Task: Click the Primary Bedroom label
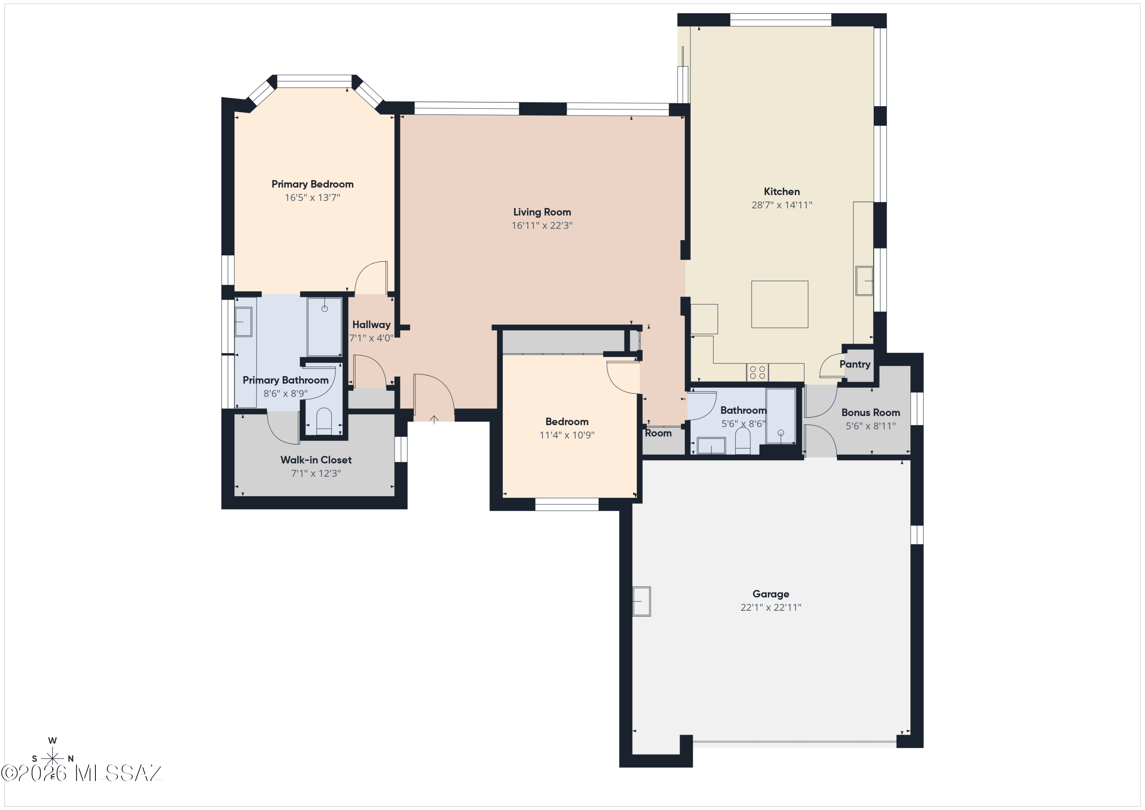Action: tap(312, 184)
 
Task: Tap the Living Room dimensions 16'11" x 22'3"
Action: tap(542, 226)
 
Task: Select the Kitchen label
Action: tap(781, 192)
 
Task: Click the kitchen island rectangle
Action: tap(779, 304)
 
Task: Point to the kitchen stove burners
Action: tap(757, 372)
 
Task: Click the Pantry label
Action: tap(855, 364)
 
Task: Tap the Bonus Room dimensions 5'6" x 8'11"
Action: tap(870, 426)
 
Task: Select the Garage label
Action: tap(771, 594)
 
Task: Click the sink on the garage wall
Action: tap(642, 601)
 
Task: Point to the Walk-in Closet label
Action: tap(316, 460)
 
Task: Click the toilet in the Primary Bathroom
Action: tap(324, 421)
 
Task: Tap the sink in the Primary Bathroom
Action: tap(244, 322)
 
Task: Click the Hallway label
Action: tap(371, 325)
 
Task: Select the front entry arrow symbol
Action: tap(434, 420)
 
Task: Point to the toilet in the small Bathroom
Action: tap(743, 441)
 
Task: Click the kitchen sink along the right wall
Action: tap(864, 281)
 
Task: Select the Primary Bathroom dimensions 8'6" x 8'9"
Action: tap(285, 394)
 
